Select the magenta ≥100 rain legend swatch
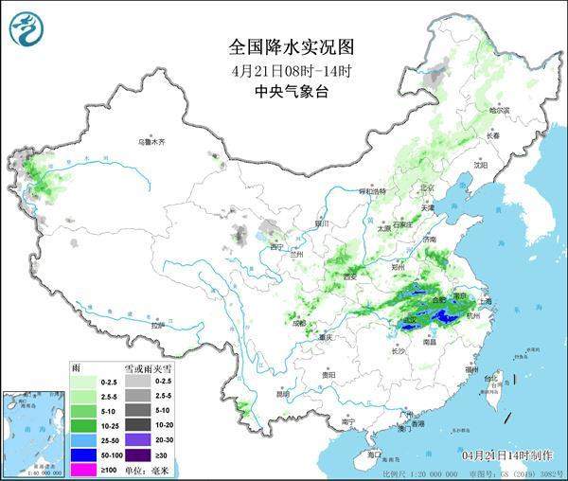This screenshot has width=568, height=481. (x=82, y=470)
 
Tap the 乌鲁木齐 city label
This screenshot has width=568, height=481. (x=151, y=141)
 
